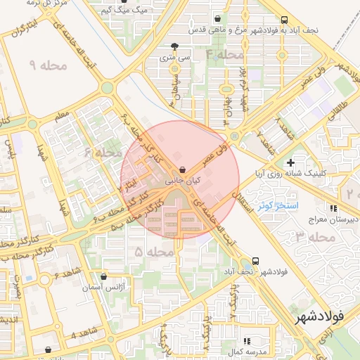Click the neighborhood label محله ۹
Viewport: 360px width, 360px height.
pyautogui.click(x=49, y=65)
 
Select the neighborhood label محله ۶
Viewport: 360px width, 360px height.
pyautogui.click(x=98, y=152)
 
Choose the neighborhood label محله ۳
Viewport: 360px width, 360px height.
pyautogui.click(x=316, y=237)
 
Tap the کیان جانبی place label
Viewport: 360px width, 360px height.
pyautogui.click(x=183, y=181)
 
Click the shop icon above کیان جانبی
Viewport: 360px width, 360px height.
pyautogui.click(x=183, y=169)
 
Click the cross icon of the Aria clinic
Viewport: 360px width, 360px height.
pyautogui.click(x=290, y=162)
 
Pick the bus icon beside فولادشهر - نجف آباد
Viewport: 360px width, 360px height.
pyautogui.click(x=255, y=260)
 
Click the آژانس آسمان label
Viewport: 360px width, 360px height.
pyautogui.click(x=109, y=288)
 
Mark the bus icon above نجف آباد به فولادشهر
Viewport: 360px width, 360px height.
pyautogui.click(x=283, y=20)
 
